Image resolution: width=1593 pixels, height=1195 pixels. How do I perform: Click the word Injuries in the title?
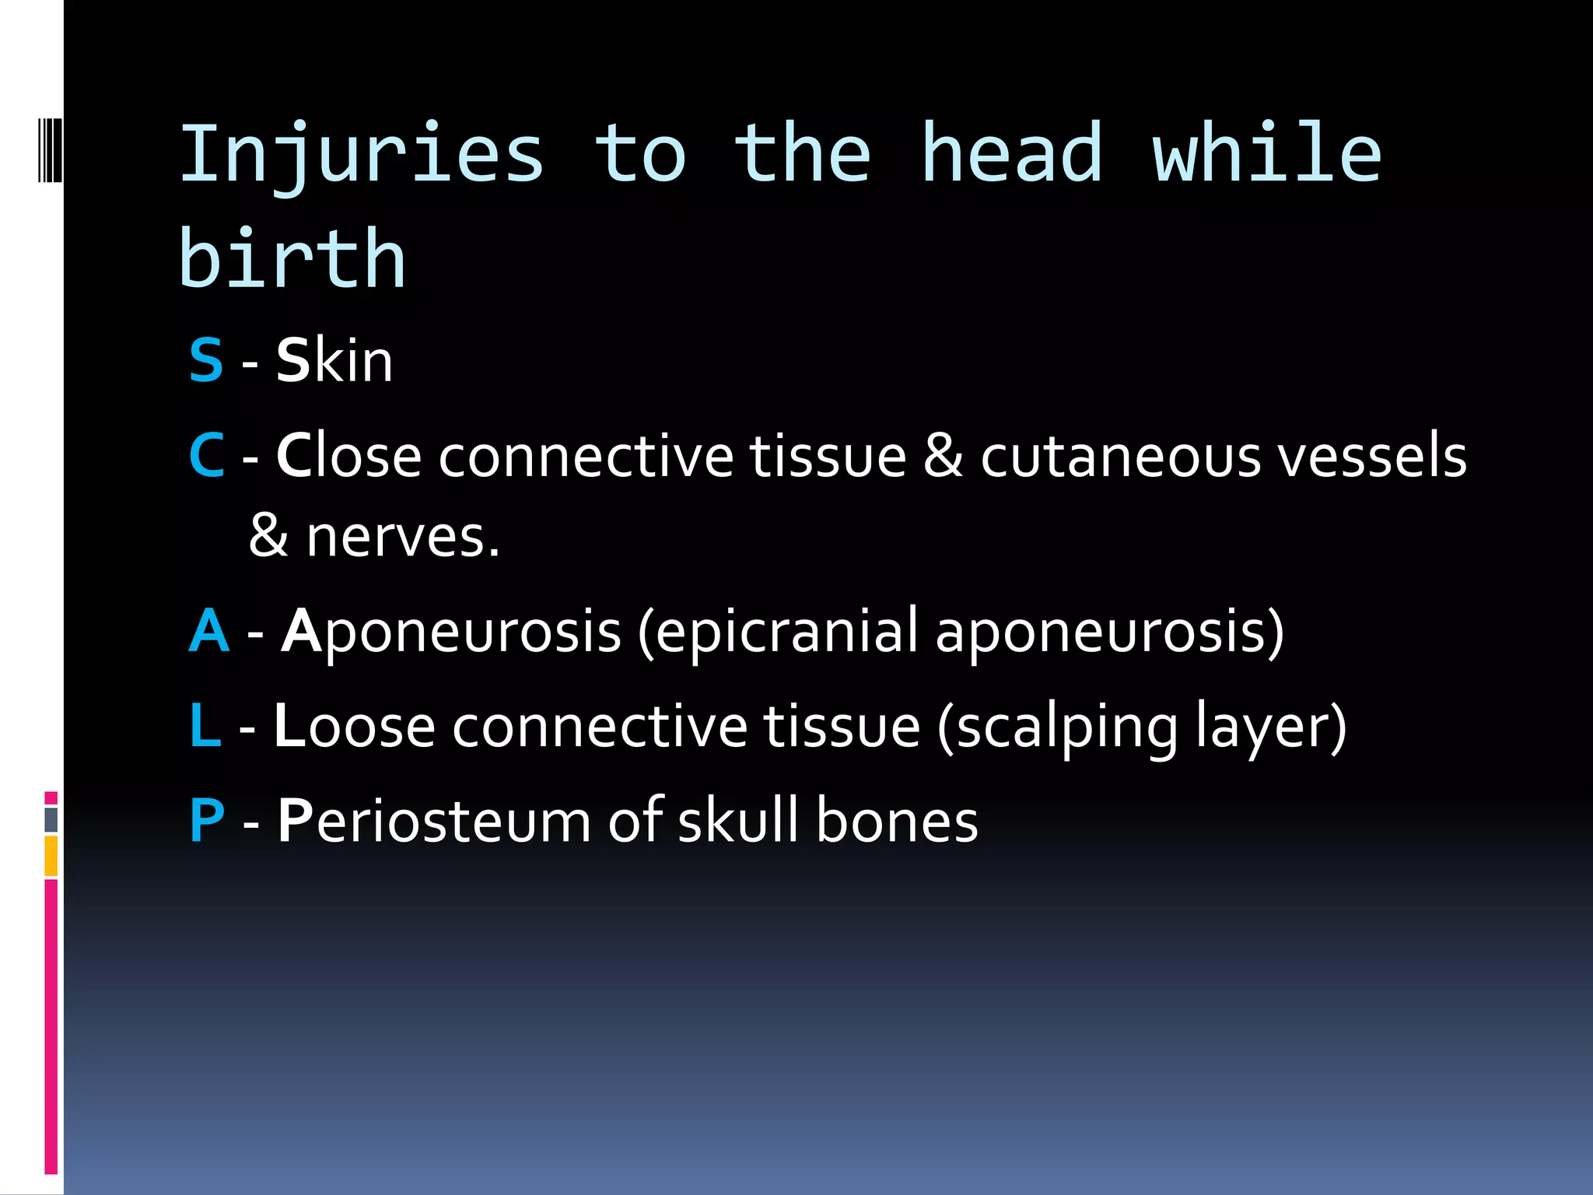click(362, 156)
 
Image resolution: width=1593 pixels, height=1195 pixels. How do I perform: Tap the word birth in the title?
click(292, 258)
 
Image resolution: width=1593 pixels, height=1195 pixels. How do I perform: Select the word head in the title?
click(1011, 154)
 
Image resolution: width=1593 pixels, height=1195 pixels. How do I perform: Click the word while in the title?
click(1266, 154)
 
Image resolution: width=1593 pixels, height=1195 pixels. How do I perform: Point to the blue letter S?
click(206, 361)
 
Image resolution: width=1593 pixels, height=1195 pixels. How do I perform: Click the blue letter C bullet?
click(207, 456)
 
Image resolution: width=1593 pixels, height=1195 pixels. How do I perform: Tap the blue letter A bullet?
click(209, 630)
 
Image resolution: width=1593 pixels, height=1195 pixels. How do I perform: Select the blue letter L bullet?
click(205, 726)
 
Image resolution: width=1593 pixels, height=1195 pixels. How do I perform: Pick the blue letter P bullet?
click(207, 821)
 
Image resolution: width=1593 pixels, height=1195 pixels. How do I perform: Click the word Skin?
click(334, 361)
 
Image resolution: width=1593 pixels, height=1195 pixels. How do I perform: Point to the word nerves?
click(402, 538)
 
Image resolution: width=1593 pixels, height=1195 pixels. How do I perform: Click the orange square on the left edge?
click(51, 856)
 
